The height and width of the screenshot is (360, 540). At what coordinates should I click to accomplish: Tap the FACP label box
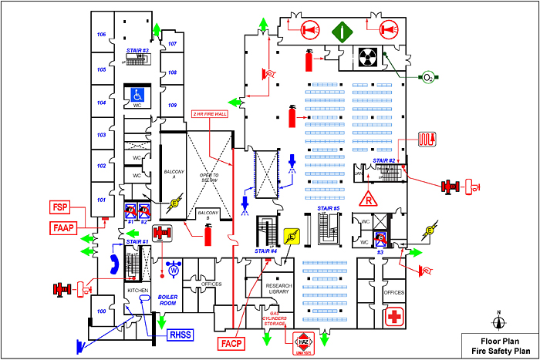pyautogui.click(x=232, y=342)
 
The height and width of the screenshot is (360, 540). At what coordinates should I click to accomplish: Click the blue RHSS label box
pyautogui.click(x=182, y=334)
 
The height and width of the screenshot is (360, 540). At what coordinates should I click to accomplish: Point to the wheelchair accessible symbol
pyautogui.click(x=137, y=95)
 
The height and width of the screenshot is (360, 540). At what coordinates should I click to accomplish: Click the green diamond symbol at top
pyautogui.click(x=342, y=31)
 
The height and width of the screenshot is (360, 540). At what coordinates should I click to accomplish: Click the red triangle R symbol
pyautogui.click(x=370, y=197)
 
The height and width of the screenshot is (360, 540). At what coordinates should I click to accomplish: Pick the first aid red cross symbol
pyautogui.click(x=395, y=317)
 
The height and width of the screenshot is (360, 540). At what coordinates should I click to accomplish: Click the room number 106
pyautogui.click(x=100, y=35)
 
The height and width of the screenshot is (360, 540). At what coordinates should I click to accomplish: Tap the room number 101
pyautogui.click(x=100, y=200)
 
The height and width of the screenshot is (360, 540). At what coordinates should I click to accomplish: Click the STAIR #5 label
pyautogui.click(x=328, y=208)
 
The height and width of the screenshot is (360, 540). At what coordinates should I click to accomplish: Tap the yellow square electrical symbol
pyautogui.click(x=292, y=236)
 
